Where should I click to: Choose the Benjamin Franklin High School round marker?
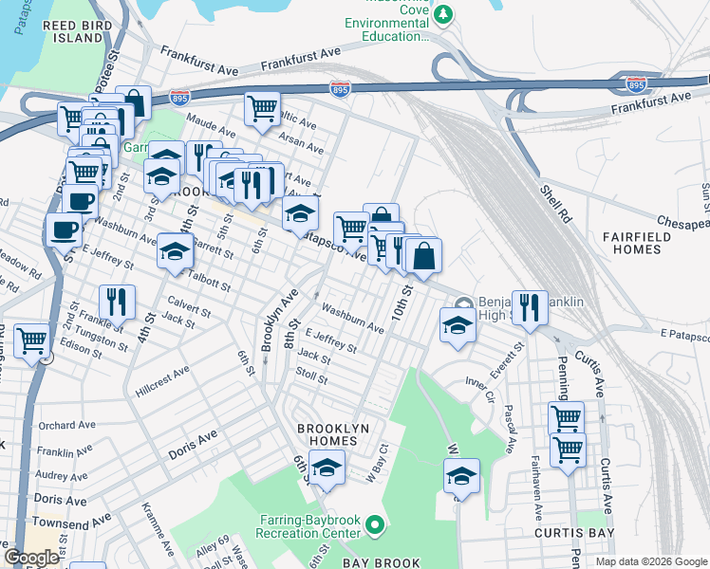pos(462,303)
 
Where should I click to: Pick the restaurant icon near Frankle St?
pos(117,302)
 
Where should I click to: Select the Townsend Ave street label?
pos(71,522)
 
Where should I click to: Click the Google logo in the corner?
pos(31,558)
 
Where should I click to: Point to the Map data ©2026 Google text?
pos(650,561)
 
